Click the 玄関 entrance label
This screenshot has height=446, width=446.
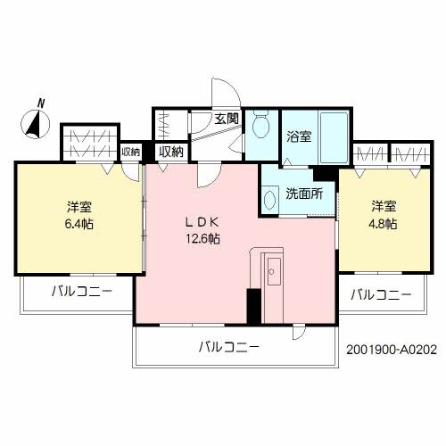227,119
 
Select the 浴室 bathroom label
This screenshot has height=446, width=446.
299,136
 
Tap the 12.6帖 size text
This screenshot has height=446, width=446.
203,238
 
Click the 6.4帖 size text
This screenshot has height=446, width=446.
78,224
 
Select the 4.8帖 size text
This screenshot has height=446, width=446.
385,223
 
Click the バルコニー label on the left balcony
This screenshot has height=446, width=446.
80,291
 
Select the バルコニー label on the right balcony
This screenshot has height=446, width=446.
380,293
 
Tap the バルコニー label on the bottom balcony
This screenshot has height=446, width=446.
229,347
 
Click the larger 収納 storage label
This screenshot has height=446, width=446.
171,152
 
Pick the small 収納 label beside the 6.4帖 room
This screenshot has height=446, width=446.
131,152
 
